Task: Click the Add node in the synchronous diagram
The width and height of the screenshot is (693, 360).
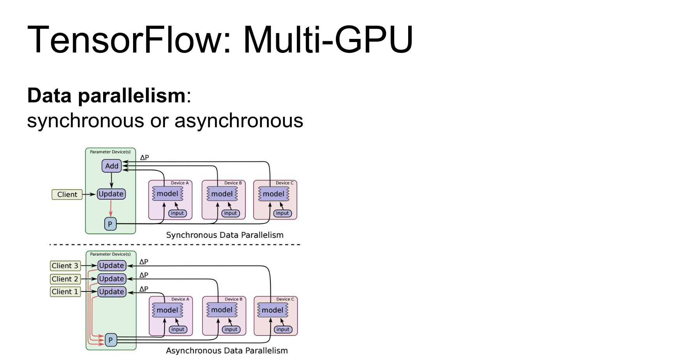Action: pos(111,166)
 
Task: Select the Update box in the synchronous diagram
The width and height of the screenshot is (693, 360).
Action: pos(111,194)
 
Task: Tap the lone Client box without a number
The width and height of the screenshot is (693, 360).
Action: pos(67,195)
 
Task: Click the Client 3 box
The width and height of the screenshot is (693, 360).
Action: pos(65,266)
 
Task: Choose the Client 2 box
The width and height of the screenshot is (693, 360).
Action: pos(65,279)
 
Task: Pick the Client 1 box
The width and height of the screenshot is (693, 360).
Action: pos(65,292)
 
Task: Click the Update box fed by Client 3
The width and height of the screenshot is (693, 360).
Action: pos(112,266)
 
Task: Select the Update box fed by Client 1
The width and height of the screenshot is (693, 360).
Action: pos(112,292)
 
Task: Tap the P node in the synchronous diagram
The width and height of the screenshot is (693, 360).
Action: pos(110,224)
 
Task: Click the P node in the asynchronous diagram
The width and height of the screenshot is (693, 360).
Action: pos(111,340)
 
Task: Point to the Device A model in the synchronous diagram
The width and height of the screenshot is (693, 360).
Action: pos(167,194)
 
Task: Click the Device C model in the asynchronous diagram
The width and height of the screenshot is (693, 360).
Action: pos(272,310)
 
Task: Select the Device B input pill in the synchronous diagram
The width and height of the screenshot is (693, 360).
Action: pos(230,213)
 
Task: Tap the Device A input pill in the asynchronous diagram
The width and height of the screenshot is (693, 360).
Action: pos(178,329)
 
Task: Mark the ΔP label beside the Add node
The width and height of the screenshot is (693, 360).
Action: pos(144,158)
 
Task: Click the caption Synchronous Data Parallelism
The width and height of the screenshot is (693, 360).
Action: pos(225,235)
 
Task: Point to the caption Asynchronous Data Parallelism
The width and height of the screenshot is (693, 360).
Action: pos(227,351)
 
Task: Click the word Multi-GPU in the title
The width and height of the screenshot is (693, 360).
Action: pos(328,40)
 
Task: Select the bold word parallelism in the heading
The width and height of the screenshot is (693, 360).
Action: pos(132,96)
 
